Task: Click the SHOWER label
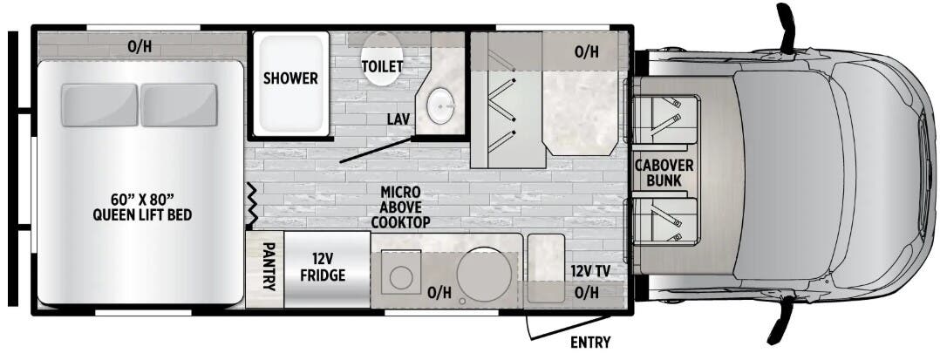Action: pyautogui.click(x=290, y=78)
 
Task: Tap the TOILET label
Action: pyautogui.click(x=382, y=67)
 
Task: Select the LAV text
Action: pyautogui.click(x=400, y=119)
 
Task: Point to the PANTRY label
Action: pyautogui.click(x=269, y=271)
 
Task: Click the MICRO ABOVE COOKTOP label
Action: pyautogui.click(x=400, y=207)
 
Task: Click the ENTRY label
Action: pyautogui.click(x=589, y=341)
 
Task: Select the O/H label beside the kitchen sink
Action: pyautogui.click(x=439, y=294)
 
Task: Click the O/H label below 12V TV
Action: pyautogui.click(x=587, y=293)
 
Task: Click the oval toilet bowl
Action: pyautogui.click(x=382, y=58)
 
